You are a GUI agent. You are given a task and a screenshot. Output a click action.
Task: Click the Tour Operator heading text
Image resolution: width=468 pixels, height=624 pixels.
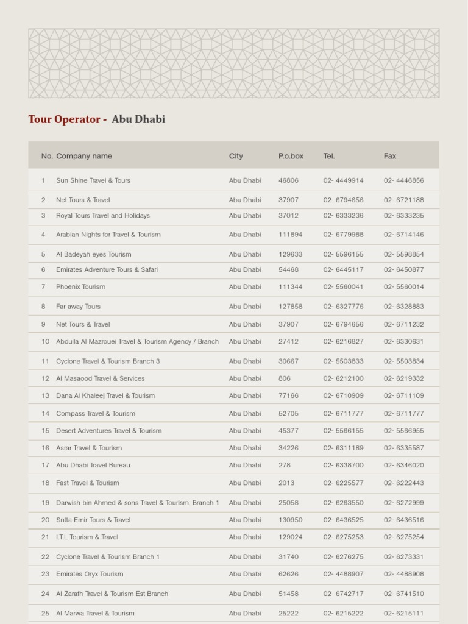(x=96, y=119)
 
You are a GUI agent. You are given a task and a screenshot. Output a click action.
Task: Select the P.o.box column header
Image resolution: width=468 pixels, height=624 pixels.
(x=291, y=156)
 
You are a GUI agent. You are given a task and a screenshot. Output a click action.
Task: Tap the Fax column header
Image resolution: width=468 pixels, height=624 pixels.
(x=390, y=156)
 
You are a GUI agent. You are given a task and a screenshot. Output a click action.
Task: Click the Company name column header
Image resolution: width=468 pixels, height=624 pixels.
(x=84, y=156)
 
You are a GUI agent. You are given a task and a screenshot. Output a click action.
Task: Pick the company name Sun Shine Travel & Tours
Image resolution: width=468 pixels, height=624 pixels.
(x=93, y=180)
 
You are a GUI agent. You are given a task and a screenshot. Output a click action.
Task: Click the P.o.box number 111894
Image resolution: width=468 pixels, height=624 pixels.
(x=291, y=235)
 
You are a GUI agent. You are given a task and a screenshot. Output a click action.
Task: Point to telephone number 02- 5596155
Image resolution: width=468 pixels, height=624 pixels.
(x=343, y=254)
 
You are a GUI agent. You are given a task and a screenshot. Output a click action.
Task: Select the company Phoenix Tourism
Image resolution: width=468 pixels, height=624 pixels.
(x=80, y=287)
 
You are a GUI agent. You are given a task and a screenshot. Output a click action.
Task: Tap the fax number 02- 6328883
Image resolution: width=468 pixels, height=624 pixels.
(x=403, y=307)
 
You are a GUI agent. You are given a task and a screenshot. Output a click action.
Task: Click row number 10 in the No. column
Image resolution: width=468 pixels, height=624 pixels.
(x=45, y=342)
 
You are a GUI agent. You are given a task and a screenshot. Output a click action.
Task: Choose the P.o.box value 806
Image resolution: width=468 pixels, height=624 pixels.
(x=285, y=378)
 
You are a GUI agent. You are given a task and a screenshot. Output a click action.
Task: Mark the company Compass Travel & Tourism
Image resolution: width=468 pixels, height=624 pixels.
(x=96, y=414)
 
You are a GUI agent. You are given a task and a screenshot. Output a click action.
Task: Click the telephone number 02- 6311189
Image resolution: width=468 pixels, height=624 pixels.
(x=343, y=448)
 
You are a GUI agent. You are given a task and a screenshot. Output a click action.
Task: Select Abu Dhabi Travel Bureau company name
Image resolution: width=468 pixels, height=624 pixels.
(x=93, y=466)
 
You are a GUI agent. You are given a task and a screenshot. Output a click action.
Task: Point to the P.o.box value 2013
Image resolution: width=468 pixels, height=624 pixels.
(x=286, y=483)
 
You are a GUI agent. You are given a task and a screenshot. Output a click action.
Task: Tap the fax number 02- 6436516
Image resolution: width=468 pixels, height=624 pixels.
(x=403, y=520)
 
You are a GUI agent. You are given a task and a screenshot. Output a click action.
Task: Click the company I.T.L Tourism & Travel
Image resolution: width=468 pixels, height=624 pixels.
(x=87, y=537)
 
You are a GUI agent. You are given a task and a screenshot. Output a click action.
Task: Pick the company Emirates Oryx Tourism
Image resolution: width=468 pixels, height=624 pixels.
(x=90, y=574)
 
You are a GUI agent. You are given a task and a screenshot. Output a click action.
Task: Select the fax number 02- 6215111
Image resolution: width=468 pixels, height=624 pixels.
(x=403, y=614)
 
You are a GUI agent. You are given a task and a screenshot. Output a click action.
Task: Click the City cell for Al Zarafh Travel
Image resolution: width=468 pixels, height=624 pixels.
(x=245, y=594)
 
